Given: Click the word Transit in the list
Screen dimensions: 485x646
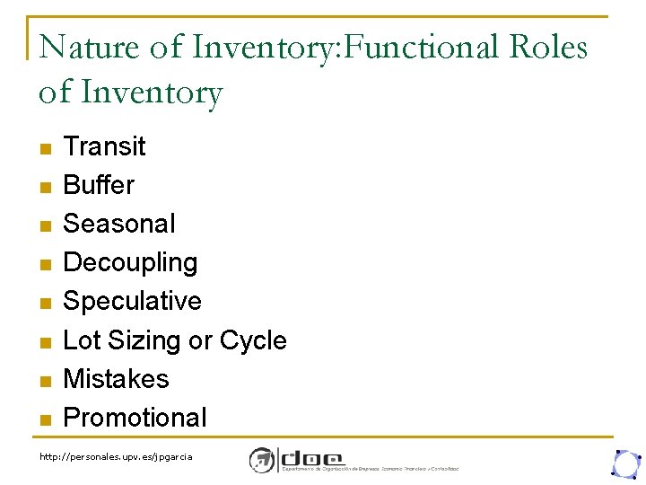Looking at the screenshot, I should coord(104,145).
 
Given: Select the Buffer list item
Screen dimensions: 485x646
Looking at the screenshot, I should coord(99,184).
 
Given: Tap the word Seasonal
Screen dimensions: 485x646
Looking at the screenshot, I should coord(119,223).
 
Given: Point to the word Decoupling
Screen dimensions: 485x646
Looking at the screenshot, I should coord(130,262).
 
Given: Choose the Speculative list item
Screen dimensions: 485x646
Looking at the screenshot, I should coord(132,301).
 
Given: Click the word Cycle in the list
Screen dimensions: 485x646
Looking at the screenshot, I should coord(253,340).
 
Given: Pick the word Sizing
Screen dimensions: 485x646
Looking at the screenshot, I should coord(144,340).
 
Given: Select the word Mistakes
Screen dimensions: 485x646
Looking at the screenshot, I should coord(116,378).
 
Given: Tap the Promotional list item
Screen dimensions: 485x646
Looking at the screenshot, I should coord(135,418).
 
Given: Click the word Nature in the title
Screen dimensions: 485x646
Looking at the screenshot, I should coord(89,48).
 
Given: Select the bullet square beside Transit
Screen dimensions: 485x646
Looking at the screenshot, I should coord(46,147).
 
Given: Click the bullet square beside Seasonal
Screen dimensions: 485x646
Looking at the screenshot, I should coord(46,225).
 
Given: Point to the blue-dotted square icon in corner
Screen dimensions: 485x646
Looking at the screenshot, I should coord(624,462).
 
